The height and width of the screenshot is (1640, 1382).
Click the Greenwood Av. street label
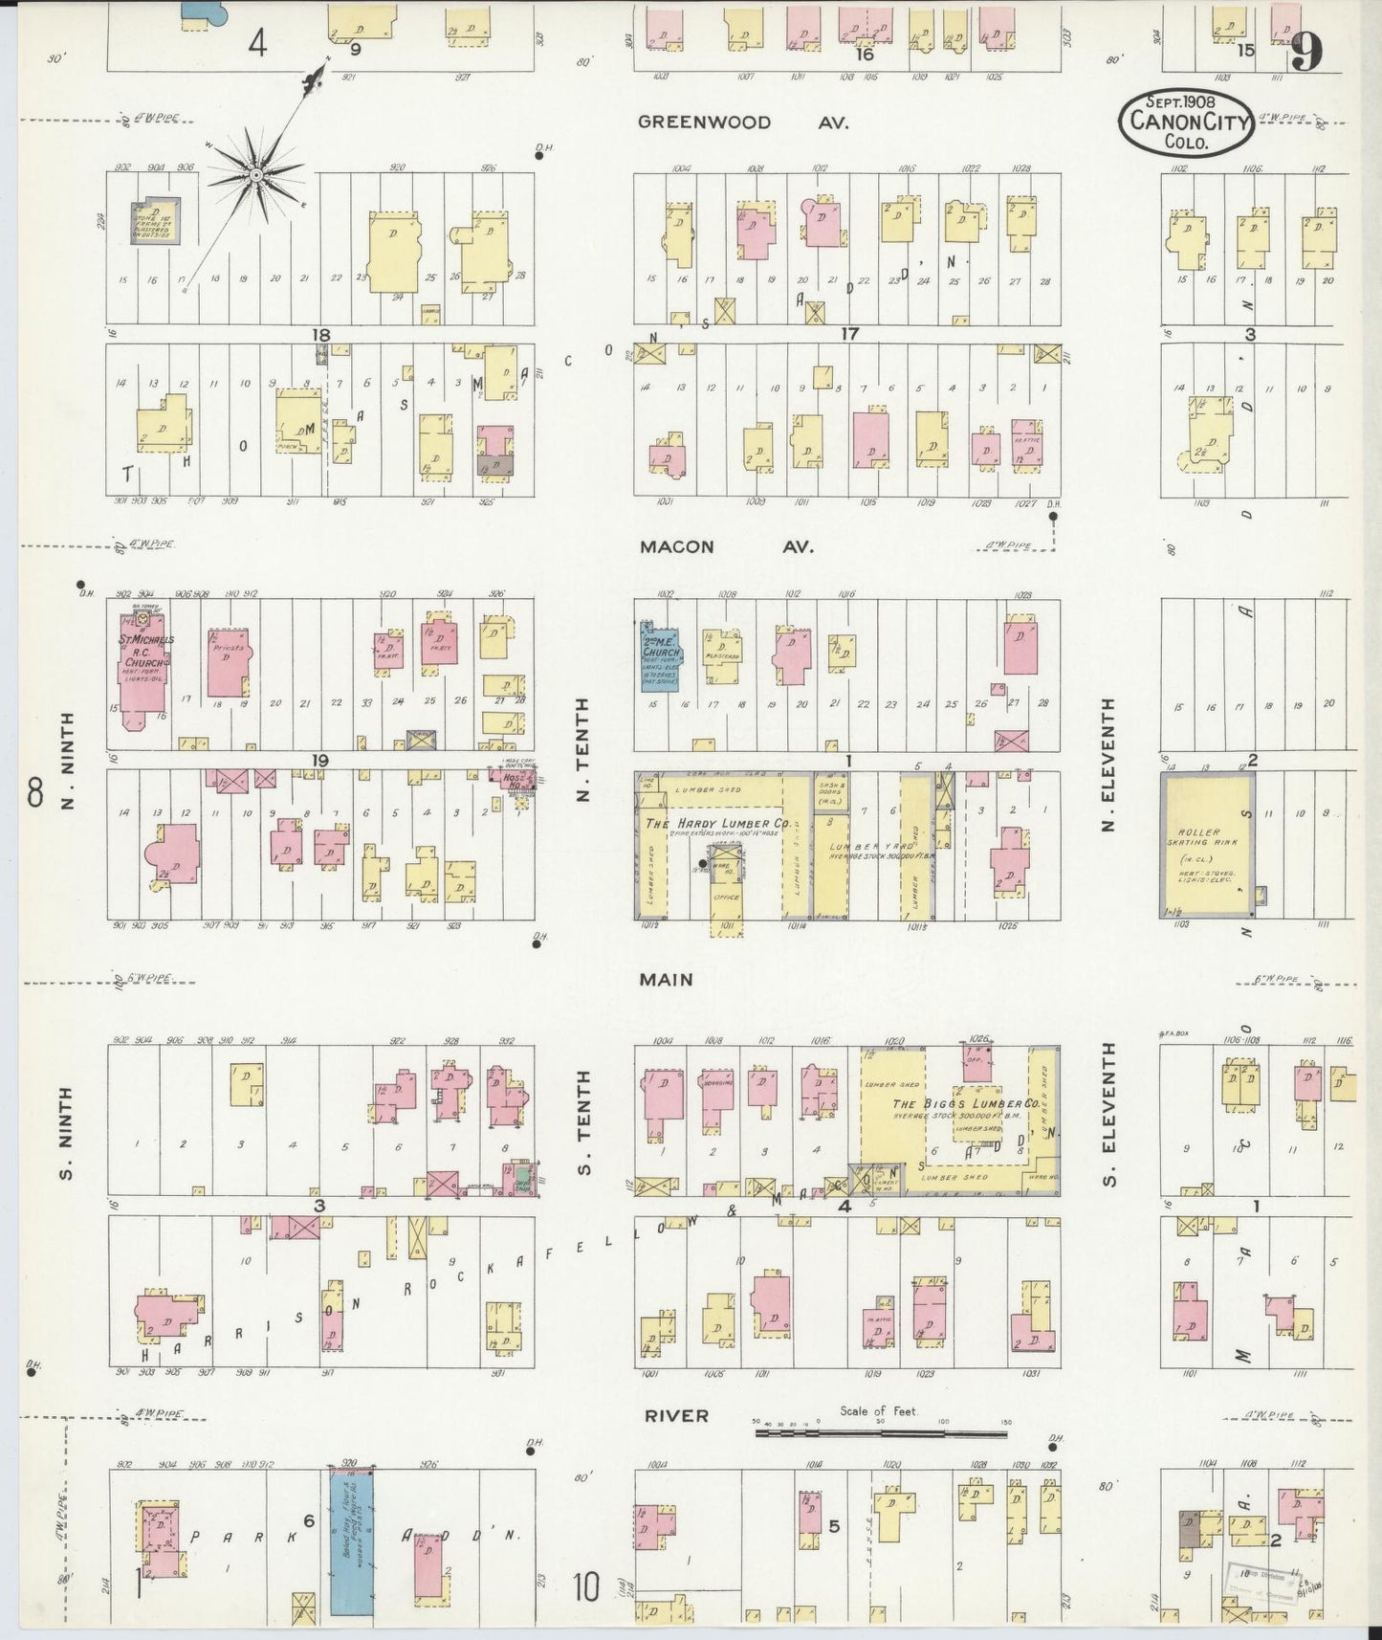coord(743,122)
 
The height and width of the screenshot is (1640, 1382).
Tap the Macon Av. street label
coord(727,547)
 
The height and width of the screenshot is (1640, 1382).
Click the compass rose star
coord(255,175)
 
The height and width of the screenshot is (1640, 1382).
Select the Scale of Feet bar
coord(879,1432)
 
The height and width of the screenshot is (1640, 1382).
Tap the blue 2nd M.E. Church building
coord(659,655)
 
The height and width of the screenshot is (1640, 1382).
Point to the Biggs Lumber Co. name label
coord(965,1103)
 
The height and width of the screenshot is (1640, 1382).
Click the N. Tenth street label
coord(584,749)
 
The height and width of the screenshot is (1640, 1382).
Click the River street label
coord(675,1416)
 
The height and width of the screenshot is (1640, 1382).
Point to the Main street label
coord(667,980)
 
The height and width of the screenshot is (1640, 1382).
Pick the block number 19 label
coord(318,761)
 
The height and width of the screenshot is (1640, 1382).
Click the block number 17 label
coord(848,334)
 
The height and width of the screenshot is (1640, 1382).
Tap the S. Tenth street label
coord(584,1122)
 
